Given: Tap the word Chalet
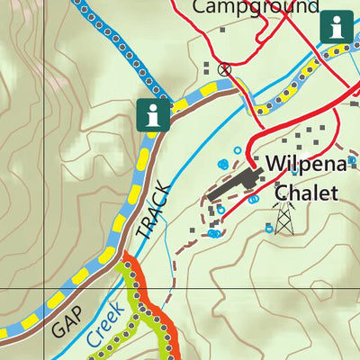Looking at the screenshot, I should [x=305, y=193].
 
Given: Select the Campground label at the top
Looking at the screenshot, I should [x=256, y=7].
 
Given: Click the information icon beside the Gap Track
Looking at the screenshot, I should [x=153, y=114].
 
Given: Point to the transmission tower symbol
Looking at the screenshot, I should [x=284, y=219].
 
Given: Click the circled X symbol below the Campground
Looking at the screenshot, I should [x=225, y=68].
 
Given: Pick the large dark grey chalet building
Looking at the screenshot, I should [x=234, y=183].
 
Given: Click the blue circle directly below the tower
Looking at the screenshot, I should [x=268, y=228].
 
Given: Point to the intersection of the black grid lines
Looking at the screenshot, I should [x=44, y=288].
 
